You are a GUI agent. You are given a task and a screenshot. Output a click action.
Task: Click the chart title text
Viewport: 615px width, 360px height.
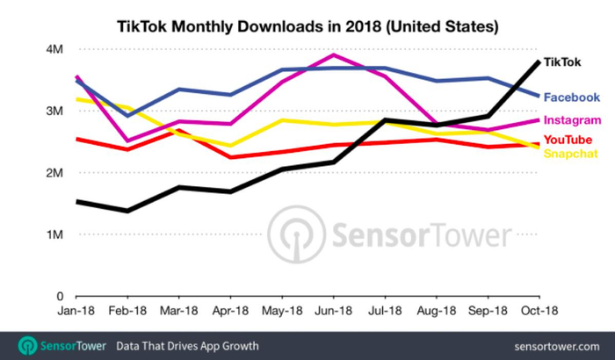pyautogui.click(x=307, y=25)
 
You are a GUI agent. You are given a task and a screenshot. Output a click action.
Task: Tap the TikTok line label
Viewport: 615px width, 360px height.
pyautogui.click(x=561, y=62)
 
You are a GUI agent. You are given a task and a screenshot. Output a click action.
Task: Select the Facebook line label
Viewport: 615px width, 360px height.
pyautogui.click(x=571, y=97)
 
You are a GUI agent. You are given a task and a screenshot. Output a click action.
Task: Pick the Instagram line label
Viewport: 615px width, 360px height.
pyautogui.click(x=572, y=120)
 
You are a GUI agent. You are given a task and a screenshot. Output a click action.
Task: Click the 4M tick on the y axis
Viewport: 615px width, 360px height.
pyautogui.click(x=55, y=49)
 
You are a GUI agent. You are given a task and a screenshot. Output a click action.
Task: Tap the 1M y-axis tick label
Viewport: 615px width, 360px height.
pyautogui.click(x=55, y=235)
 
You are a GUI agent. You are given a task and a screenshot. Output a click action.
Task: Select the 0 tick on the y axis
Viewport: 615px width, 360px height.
pyautogui.click(x=61, y=297)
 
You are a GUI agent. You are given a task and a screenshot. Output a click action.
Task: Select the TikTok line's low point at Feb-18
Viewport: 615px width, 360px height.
pyautogui.click(x=128, y=211)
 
